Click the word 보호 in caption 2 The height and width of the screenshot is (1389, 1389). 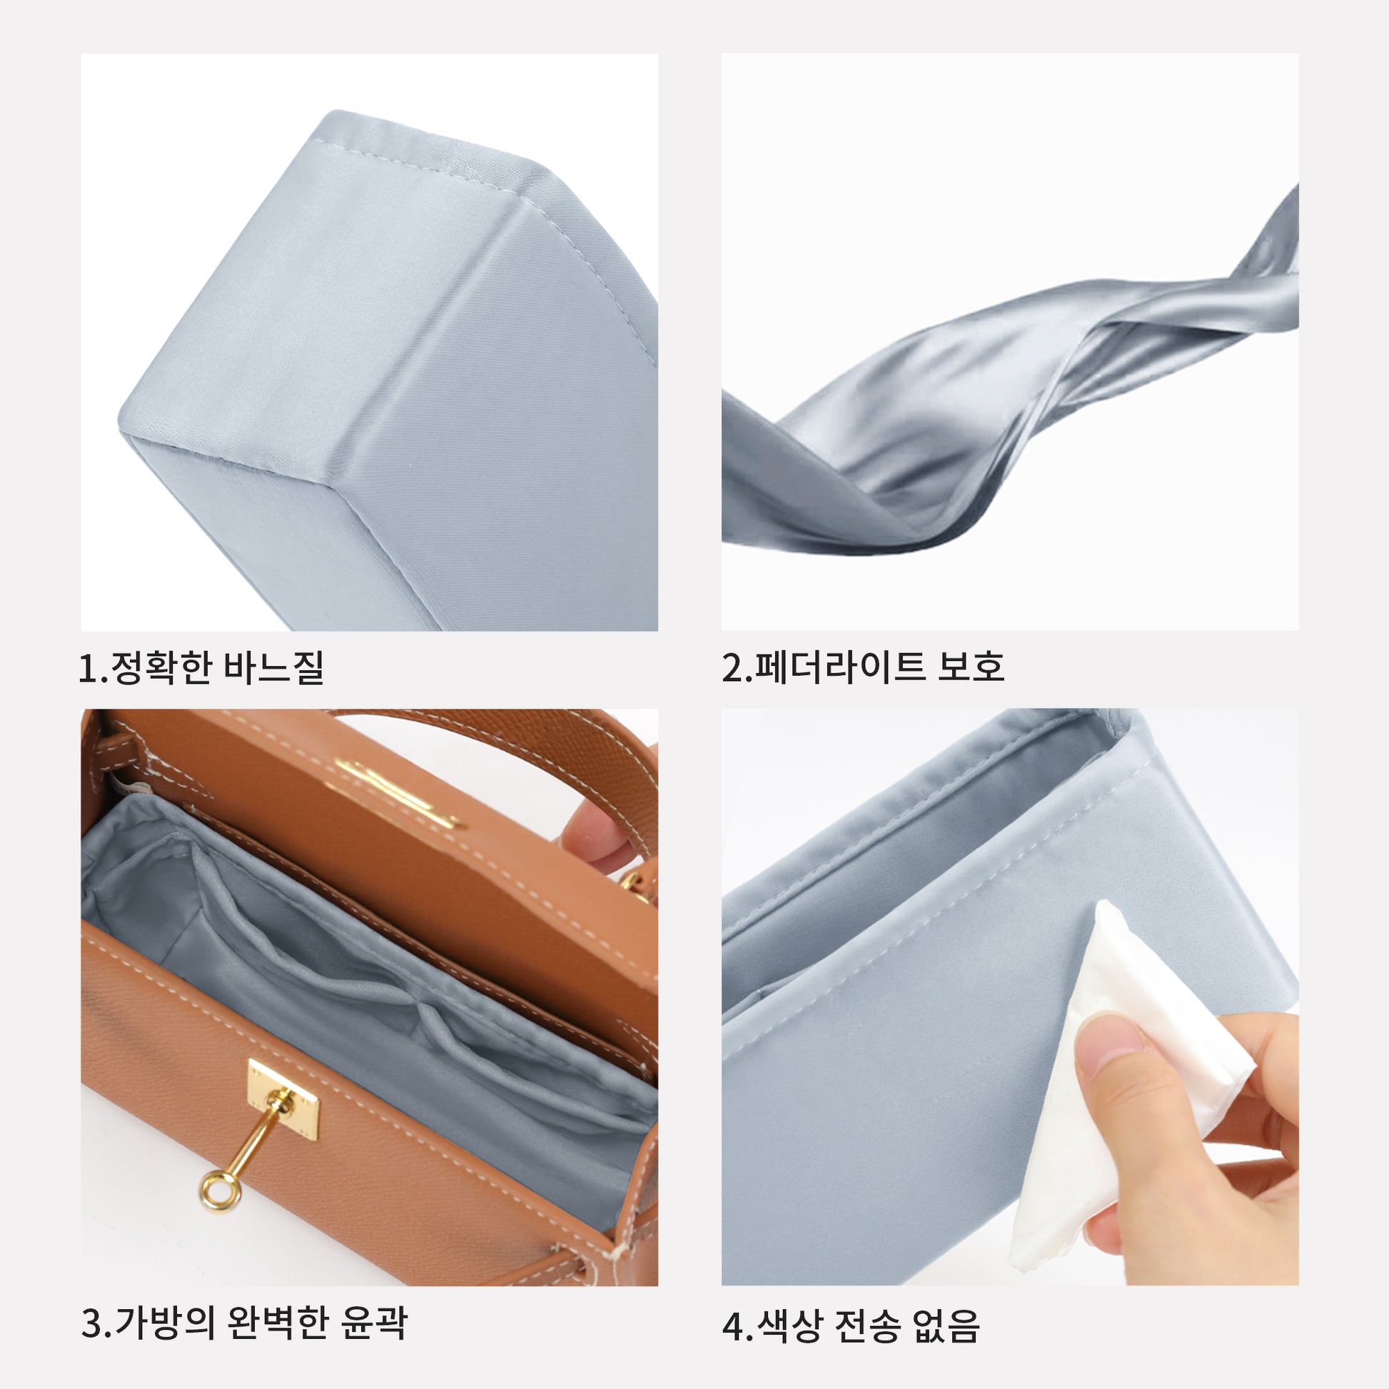[971, 667]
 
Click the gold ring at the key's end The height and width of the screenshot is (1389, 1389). [215, 1191]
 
